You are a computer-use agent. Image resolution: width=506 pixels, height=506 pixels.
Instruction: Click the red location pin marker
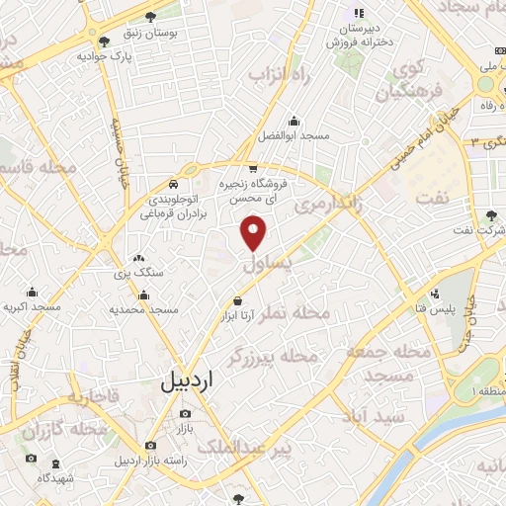point(255,232)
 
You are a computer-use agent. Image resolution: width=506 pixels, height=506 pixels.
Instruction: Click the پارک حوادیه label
point(105,56)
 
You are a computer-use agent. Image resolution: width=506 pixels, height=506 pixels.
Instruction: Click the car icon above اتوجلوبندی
point(173,184)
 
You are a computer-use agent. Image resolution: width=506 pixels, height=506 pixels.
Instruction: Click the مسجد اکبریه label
point(32,307)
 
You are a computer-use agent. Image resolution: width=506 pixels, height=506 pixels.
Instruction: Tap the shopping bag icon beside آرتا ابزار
point(237,300)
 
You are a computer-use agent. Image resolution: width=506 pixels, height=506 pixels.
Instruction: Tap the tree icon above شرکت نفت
point(491,214)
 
